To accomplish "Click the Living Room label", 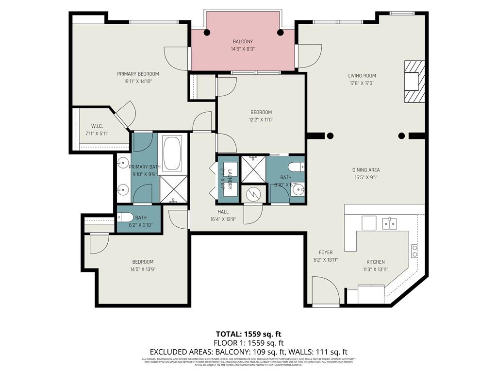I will pos(362,75).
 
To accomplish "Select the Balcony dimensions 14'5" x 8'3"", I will pos(242,49).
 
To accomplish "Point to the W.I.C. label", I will pos(97,126).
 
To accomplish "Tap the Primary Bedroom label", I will pos(138,74).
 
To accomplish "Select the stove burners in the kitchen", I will pos(415,251).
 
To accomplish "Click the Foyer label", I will pos(326,252).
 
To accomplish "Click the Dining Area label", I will pos(366,170).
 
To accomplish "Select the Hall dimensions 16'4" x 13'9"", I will pos(223,220).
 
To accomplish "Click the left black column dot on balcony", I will pos(207,33).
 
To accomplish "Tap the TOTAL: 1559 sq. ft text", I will pos(248,334).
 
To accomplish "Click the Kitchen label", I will pos(376,261).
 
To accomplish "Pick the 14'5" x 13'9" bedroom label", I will pos(142,262).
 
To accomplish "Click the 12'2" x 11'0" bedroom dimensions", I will pos(261,119).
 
